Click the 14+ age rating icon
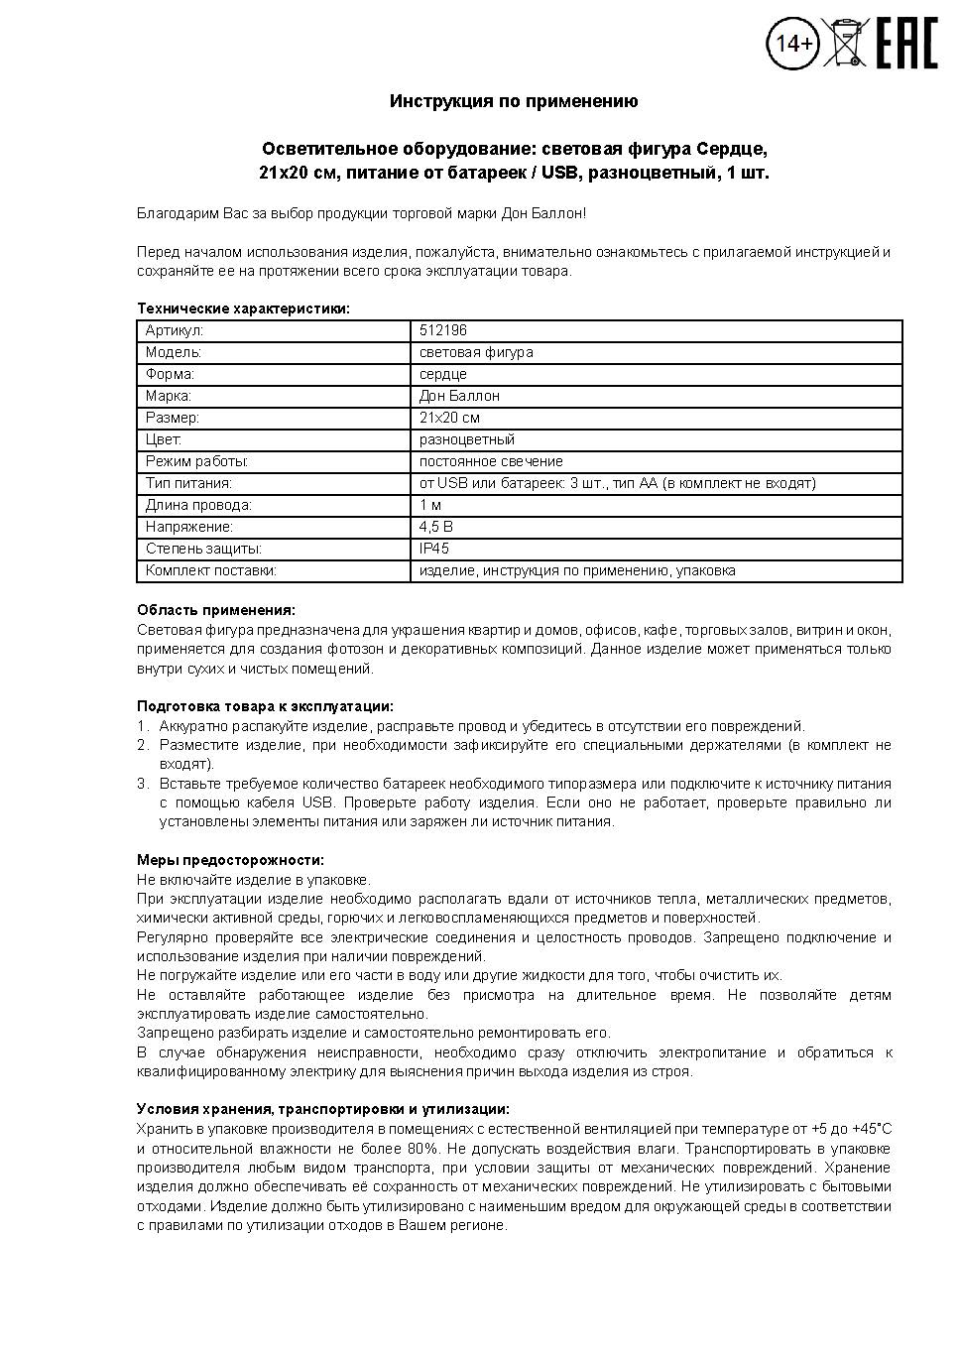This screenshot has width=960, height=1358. (792, 44)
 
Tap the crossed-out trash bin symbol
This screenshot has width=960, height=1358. (846, 43)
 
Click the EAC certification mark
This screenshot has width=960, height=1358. (906, 44)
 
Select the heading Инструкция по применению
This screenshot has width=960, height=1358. (514, 101)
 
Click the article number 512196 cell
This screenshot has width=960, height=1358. (443, 330)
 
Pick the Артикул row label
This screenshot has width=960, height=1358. (174, 330)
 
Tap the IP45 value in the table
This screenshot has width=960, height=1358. (434, 549)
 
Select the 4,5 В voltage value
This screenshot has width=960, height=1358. (436, 527)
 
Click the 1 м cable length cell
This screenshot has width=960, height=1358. (430, 505)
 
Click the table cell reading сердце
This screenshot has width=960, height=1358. (443, 374)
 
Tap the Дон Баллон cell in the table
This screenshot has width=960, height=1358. (459, 396)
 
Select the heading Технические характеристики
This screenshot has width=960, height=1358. (243, 309)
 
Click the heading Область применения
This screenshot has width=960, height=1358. (215, 610)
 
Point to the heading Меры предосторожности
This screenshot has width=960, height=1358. (230, 860)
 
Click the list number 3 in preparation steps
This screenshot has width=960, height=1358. (142, 784)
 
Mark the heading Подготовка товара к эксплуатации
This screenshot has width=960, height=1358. (265, 706)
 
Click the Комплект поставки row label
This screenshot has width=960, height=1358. (210, 570)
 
